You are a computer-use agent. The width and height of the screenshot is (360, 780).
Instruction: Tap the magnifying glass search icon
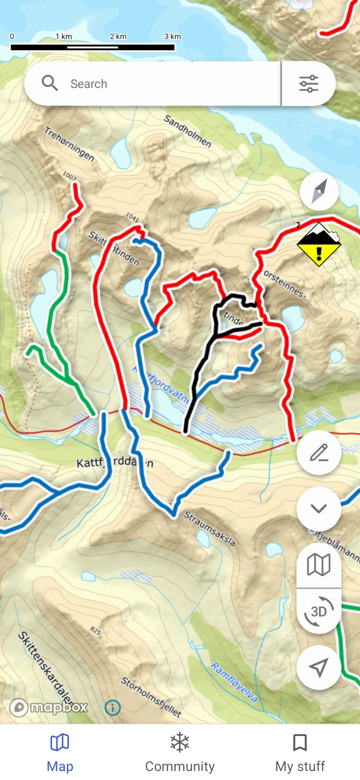click(x=50, y=83)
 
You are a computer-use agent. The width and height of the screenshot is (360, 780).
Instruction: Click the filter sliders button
click(x=308, y=83)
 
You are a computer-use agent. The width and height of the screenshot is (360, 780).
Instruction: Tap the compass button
click(x=319, y=191)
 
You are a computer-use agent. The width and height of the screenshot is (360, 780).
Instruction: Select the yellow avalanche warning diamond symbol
click(x=319, y=245)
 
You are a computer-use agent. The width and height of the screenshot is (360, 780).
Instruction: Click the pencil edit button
click(x=318, y=453)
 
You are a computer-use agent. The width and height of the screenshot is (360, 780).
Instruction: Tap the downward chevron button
click(x=318, y=508)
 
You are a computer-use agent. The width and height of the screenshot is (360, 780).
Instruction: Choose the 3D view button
click(x=318, y=611)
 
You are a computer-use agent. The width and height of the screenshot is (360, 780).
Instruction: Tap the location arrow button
click(x=318, y=667)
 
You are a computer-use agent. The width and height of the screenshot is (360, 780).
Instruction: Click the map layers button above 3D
click(x=318, y=565)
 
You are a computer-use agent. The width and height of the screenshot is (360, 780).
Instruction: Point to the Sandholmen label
click(x=187, y=131)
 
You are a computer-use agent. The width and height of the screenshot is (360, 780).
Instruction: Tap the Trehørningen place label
click(x=69, y=144)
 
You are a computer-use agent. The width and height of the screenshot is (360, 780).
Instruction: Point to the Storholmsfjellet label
click(x=151, y=696)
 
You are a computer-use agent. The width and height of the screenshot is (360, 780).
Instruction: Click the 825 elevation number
click(x=96, y=631)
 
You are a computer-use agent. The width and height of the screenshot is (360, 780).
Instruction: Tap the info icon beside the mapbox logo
click(x=112, y=707)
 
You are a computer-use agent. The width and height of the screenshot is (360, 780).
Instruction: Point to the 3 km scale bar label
click(x=172, y=36)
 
